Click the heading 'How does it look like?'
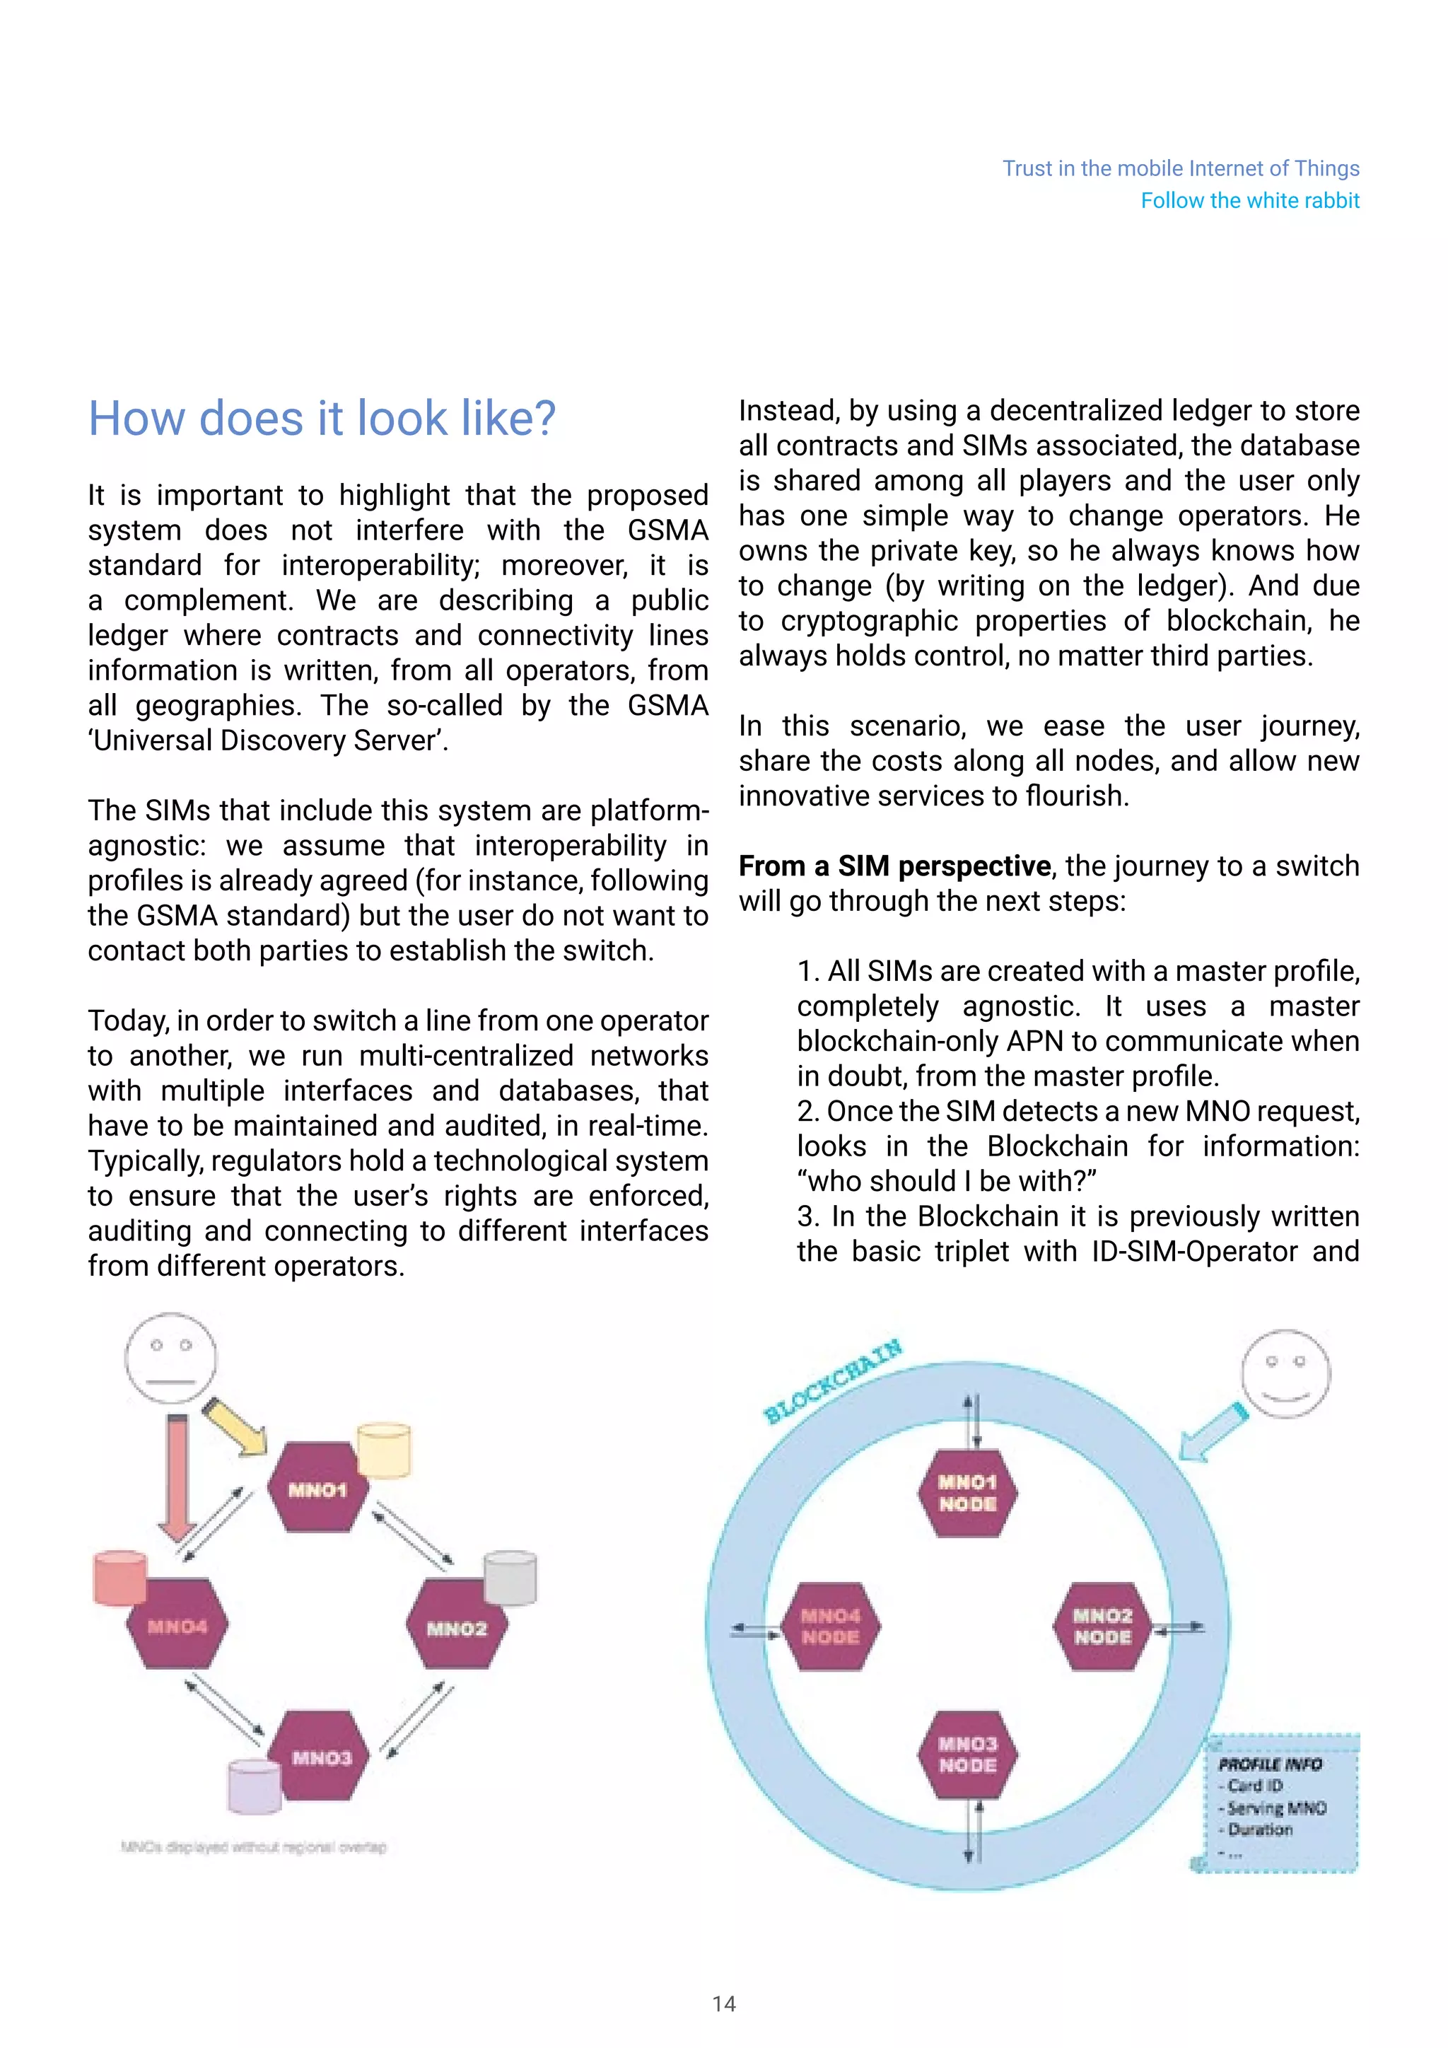pyautogui.click(x=322, y=419)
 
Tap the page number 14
pyautogui.click(x=724, y=2004)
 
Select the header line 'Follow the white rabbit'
pyautogui.click(x=1249, y=201)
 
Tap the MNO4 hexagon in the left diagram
pyautogui.click(x=177, y=1625)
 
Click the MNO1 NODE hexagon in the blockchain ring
pyautogui.click(x=967, y=1492)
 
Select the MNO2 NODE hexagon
pyautogui.click(x=1103, y=1626)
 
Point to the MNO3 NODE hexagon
pyautogui.click(x=967, y=1754)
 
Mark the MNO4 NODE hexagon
pyautogui.click(x=830, y=1626)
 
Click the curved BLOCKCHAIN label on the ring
pyautogui.click(x=833, y=1382)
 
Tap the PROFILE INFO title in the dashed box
pyautogui.click(x=1270, y=1764)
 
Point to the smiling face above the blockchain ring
pyautogui.click(x=1285, y=1373)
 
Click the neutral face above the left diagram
pyautogui.click(x=170, y=1358)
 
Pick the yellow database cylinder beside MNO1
pyautogui.click(x=383, y=1450)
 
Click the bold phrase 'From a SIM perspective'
pyautogui.click(x=894, y=866)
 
